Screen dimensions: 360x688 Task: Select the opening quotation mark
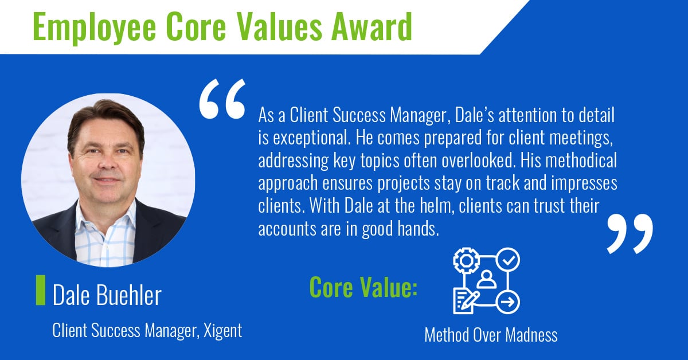tap(222, 99)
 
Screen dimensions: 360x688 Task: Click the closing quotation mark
tap(630, 233)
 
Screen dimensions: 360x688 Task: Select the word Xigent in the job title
tap(223, 331)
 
